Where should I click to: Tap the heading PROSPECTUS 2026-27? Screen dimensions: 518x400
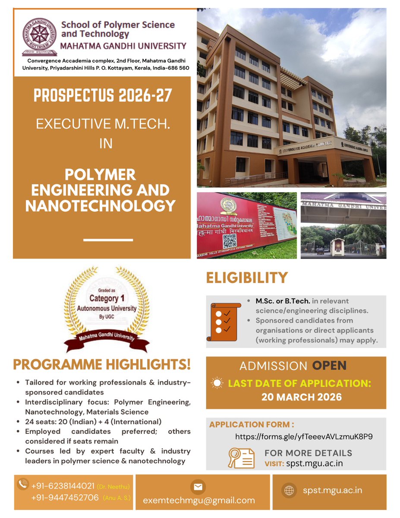click(103, 95)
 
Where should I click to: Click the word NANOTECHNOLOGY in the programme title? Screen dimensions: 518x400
click(101, 205)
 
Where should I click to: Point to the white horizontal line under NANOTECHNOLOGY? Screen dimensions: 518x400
click(108, 240)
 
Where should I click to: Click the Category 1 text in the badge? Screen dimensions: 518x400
click(107, 298)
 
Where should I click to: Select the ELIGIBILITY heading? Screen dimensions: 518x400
click(247, 278)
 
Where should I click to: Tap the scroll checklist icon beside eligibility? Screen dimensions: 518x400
click(224, 322)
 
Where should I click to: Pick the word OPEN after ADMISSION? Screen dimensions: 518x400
click(329, 366)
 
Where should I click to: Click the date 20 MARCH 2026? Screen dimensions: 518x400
click(301, 396)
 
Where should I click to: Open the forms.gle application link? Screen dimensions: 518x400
click(304, 436)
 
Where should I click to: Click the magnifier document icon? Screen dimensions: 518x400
click(241, 458)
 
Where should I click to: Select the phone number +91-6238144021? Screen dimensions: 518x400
click(63, 486)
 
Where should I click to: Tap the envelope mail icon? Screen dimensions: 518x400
click(198, 486)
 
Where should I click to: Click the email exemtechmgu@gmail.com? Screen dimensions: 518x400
click(198, 501)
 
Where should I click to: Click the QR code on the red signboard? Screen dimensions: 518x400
click(230, 241)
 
